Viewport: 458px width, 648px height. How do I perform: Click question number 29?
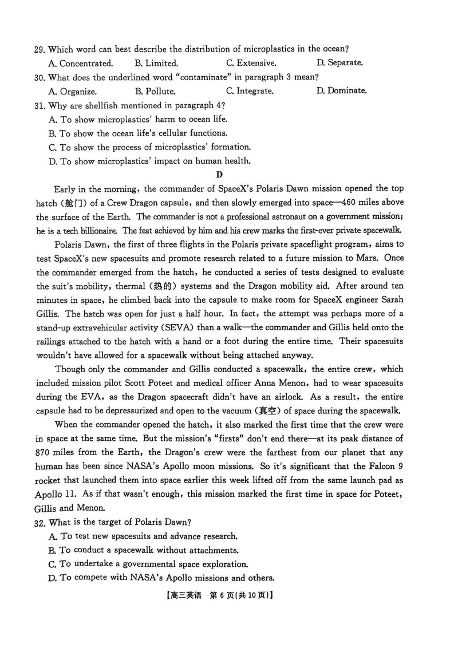coord(40,49)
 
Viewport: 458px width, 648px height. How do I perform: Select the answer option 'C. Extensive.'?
coord(251,63)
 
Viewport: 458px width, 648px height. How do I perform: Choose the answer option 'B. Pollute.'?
coord(155,91)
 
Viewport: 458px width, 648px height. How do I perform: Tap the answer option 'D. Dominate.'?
coord(341,91)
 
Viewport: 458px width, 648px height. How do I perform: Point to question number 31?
coord(40,105)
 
